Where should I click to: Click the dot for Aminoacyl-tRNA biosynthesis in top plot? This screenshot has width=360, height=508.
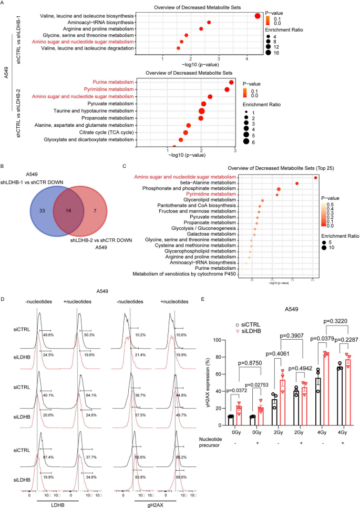coord(209,23)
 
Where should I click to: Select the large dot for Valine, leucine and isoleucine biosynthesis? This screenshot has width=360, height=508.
coord(258,16)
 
